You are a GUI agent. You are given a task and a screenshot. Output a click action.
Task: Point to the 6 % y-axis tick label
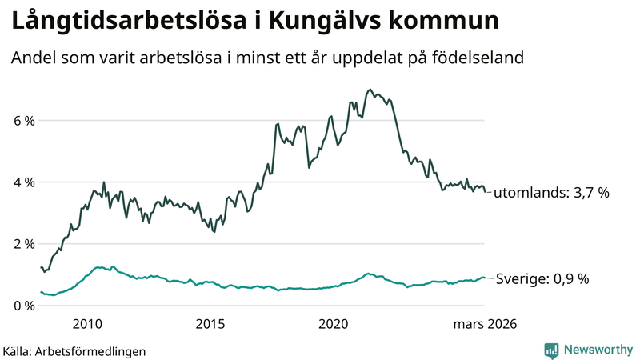(23, 121)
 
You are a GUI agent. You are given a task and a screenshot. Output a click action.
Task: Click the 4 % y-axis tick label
(23, 182)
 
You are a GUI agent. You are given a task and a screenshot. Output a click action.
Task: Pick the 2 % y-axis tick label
(23, 244)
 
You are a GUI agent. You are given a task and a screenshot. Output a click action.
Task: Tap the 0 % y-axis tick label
(23, 306)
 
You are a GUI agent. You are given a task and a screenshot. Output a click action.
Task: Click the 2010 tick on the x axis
(87, 324)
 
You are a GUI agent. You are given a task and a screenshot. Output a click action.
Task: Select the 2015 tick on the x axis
(210, 324)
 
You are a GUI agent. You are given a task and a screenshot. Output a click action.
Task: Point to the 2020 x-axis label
(334, 324)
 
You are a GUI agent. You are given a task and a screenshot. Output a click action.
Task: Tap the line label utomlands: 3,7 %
(552, 193)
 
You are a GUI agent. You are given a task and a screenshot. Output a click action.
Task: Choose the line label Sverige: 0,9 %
(543, 279)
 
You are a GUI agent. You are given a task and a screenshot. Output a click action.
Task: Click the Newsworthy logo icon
(551, 350)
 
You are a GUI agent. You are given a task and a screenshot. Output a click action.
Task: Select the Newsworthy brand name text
(598, 350)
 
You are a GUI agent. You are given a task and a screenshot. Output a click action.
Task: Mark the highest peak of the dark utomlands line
(369, 90)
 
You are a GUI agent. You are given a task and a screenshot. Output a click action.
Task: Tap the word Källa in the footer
(18, 350)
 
